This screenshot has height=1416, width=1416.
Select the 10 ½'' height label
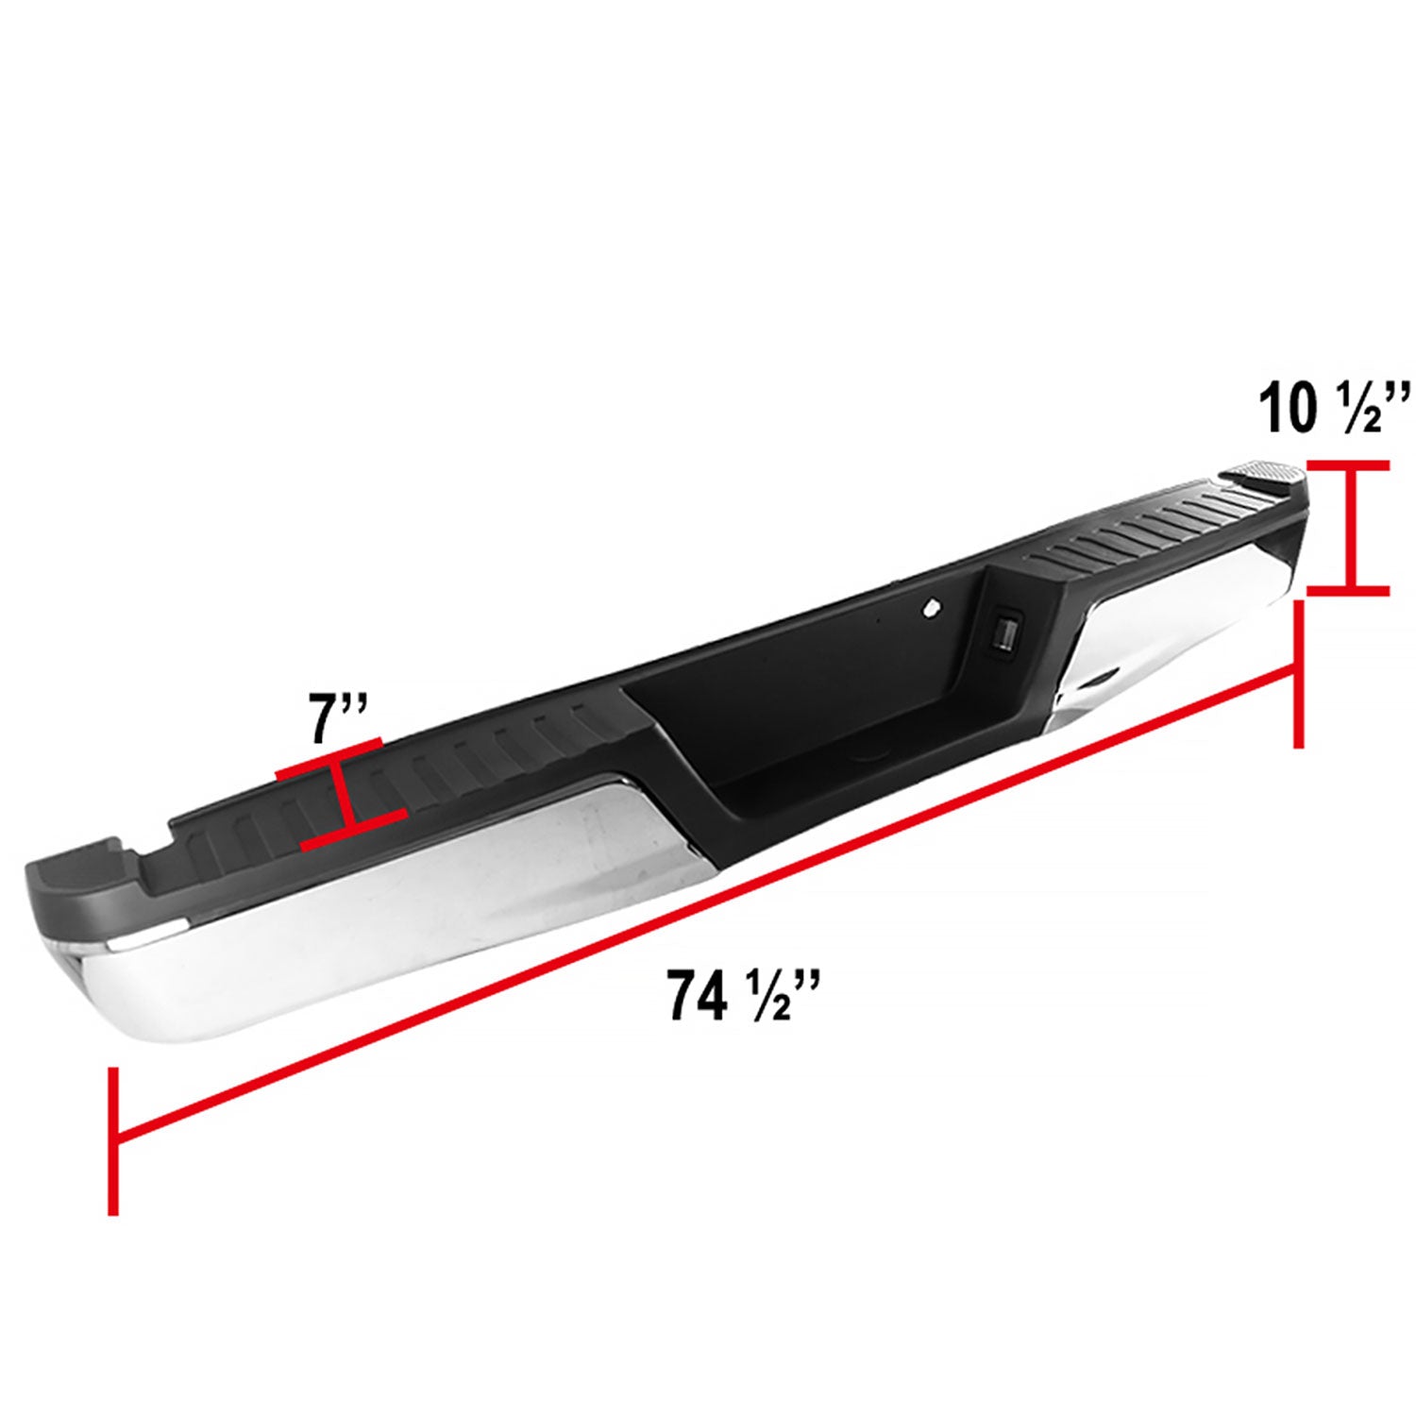tap(1334, 408)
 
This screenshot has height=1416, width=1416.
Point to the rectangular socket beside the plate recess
tap(1003, 632)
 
